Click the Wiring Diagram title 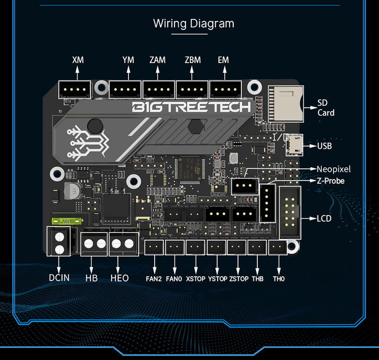(193, 23)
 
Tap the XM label (78, 60)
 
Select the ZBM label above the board (192, 60)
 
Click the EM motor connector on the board (225, 89)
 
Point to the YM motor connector (125, 89)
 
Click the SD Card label (326, 108)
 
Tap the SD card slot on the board (285, 104)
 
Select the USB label (324, 146)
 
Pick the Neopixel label (333, 169)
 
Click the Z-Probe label (331, 181)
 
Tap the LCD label (324, 218)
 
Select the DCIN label (59, 278)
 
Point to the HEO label (120, 278)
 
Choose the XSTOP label (196, 279)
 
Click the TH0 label (279, 279)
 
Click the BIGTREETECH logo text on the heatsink (191, 107)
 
